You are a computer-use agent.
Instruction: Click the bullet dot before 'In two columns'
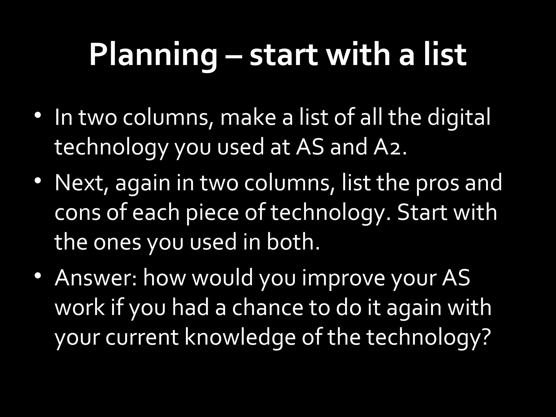pos(38,115)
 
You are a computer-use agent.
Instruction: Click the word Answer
pos(96,278)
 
